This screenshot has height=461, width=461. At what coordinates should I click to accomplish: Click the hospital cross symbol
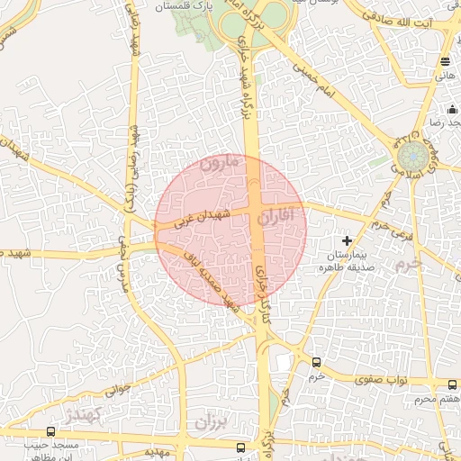click(x=348, y=240)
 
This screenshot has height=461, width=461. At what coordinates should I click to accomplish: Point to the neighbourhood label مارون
click(x=221, y=165)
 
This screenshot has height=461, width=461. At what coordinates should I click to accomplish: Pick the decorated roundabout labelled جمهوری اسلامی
click(x=413, y=152)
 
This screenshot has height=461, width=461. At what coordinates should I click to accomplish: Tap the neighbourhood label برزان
click(x=213, y=420)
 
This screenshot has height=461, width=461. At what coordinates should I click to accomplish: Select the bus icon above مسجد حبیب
click(x=50, y=431)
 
